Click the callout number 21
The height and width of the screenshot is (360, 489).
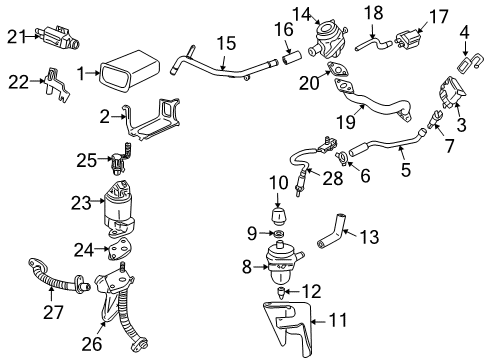pyautogui.click(x=13, y=37)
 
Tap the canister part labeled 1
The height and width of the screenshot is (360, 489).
pyautogui.click(x=127, y=72)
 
